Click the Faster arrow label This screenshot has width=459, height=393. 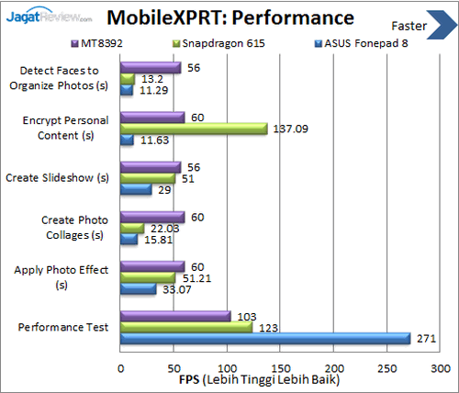point(416,25)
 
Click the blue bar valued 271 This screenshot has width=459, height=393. point(265,339)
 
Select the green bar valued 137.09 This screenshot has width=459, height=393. point(194,129)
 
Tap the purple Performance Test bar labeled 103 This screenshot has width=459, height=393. point(175,315)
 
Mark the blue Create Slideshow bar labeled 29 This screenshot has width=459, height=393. point(136,190)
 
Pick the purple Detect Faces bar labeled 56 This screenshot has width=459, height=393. point(151,66)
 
